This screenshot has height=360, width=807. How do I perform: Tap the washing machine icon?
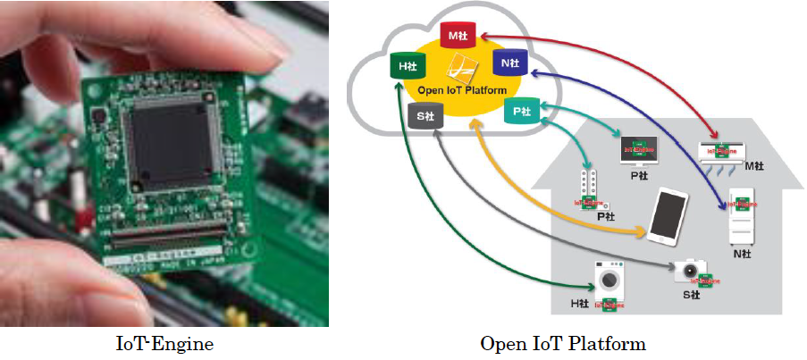pos(611,280)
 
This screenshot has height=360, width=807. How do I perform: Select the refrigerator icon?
pos(742,217)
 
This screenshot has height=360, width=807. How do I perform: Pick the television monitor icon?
pos(639,148)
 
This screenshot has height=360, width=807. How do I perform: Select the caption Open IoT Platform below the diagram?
pos(562,343)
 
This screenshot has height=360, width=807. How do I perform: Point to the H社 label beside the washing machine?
pos(581,304)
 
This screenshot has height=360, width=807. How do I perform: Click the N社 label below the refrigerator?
pos(741,255)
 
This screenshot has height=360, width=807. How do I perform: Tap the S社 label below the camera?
pos(691,294)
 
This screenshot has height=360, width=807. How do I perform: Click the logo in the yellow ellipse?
pos(463,68)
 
